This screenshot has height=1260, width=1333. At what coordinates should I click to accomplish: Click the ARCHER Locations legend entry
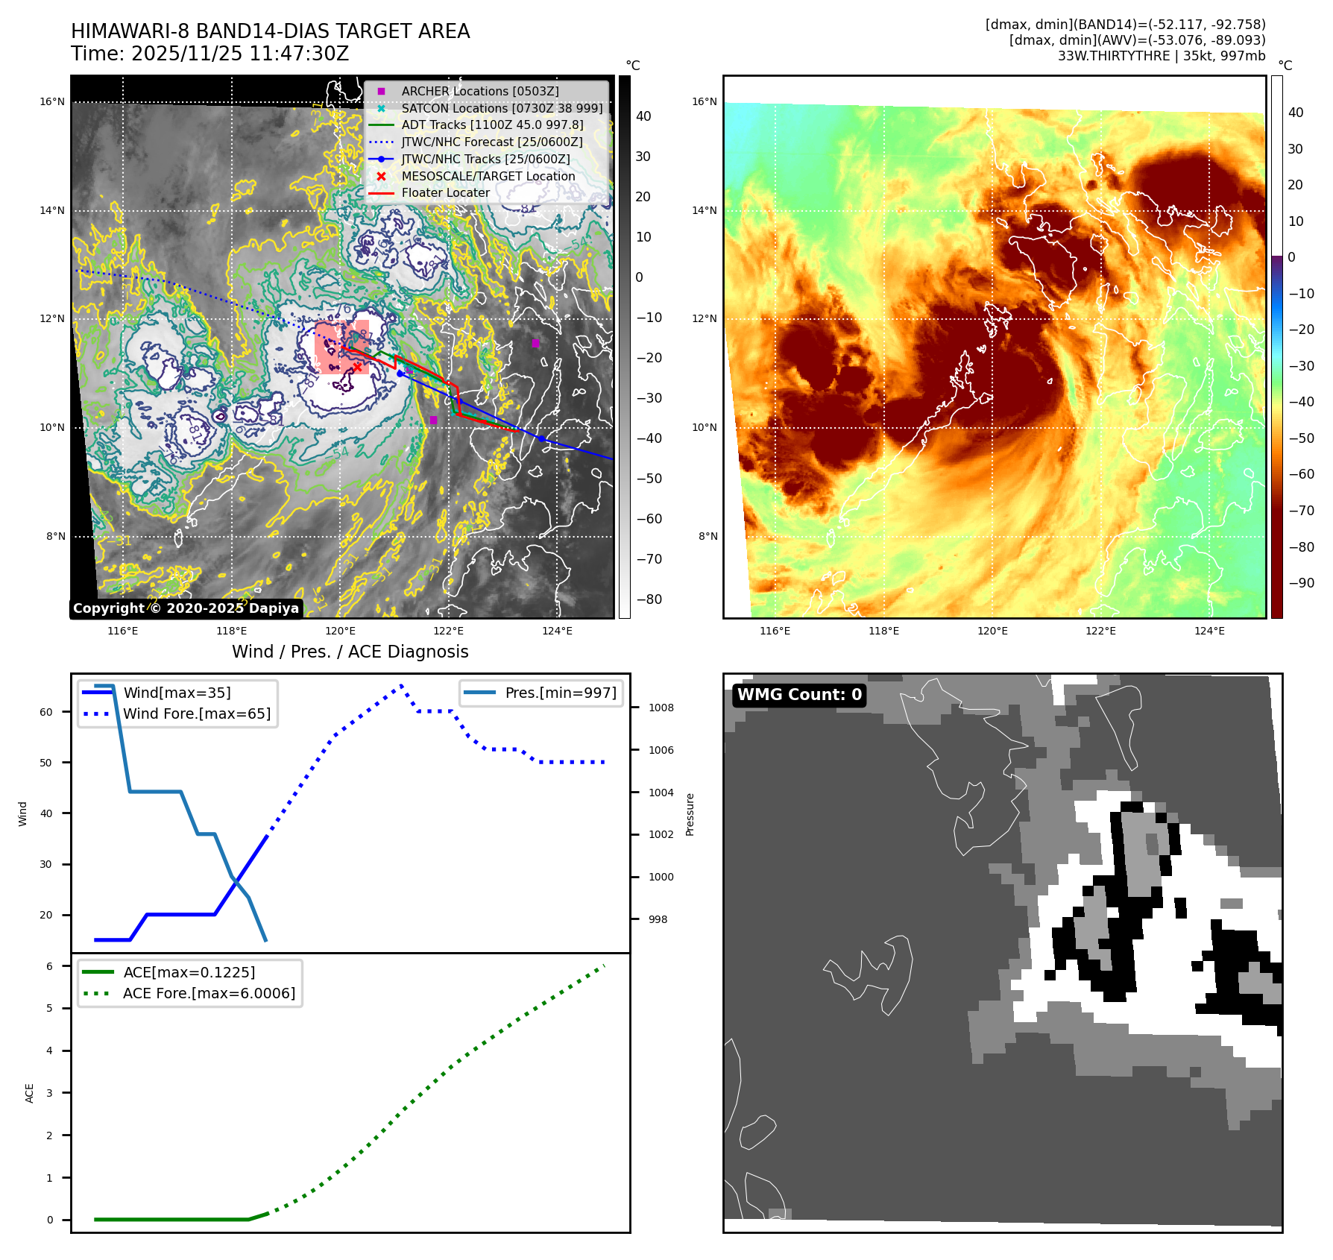(x=479, y=91)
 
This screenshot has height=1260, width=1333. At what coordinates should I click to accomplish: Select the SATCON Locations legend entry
(x=501, y=108)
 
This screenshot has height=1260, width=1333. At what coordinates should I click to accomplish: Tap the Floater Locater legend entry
(x=445, y=192)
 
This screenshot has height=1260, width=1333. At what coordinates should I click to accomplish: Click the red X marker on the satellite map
(x=358, y=367)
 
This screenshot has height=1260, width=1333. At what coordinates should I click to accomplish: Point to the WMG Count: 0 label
(x=799, y=695)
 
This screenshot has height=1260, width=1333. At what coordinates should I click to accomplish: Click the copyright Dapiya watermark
(x=186, y=608)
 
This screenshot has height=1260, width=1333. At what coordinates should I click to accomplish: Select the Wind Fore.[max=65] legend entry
(x=197, y=714)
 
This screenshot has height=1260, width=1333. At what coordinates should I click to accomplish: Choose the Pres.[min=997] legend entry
(x=560, y=693)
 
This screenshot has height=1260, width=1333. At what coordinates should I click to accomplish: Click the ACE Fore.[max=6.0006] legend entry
(x=209, y=993)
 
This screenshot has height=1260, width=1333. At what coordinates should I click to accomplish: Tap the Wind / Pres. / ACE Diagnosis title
(x=350, y=652)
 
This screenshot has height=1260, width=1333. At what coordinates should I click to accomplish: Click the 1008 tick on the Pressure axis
(x=661, y=708)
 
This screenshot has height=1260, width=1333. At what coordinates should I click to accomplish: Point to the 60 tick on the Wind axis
(x=46, y=712)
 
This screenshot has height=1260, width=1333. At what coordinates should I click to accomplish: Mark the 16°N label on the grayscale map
(x=52, y=102)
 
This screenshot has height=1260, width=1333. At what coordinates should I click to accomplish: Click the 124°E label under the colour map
(x=1209, y=631)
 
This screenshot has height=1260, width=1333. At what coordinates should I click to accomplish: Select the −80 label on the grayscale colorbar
(x=649, y=599)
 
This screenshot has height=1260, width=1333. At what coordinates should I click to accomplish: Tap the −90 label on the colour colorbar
(x=1301, y=583)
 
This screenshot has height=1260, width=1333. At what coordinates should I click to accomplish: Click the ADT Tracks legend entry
(x=492, y=125)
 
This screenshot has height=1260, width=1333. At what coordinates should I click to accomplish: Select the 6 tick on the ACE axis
(x=49, y=966)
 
